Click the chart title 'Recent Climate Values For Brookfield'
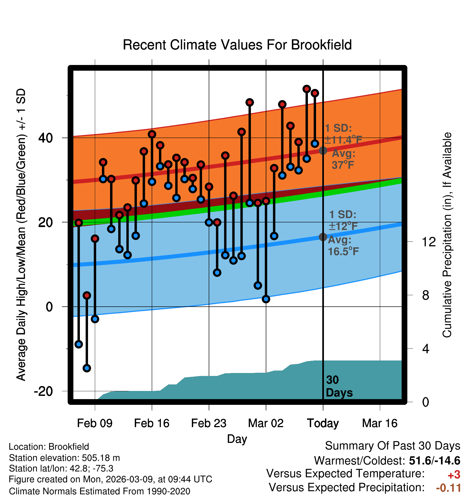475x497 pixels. (x=237, y=45)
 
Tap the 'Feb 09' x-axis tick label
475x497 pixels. (x=95, y=423)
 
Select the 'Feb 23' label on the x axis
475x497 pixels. (x=209, y=423)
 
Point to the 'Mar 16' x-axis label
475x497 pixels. (x=380, y=423)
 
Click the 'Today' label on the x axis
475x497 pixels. (x=323, y=423)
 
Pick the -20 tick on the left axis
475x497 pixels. (x=43, y=391)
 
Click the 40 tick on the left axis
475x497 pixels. (x=46, y=138)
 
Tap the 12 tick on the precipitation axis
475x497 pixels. (x=429, y=242)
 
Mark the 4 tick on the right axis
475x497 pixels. (x=426, y=349)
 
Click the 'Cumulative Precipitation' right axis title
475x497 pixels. (x=447, y=235)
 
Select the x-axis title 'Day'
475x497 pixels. (x=237, y=439)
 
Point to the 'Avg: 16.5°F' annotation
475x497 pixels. (x=343, y=246)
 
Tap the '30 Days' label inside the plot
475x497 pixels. (x=339, y=386)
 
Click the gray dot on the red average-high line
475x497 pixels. (x=323, y=150)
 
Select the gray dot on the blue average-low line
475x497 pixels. (x=323, y=237)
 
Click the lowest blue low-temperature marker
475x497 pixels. (x=87, y=368)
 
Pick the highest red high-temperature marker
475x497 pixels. (x=307, y=89)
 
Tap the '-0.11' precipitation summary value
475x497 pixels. (x=448, y=488)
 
